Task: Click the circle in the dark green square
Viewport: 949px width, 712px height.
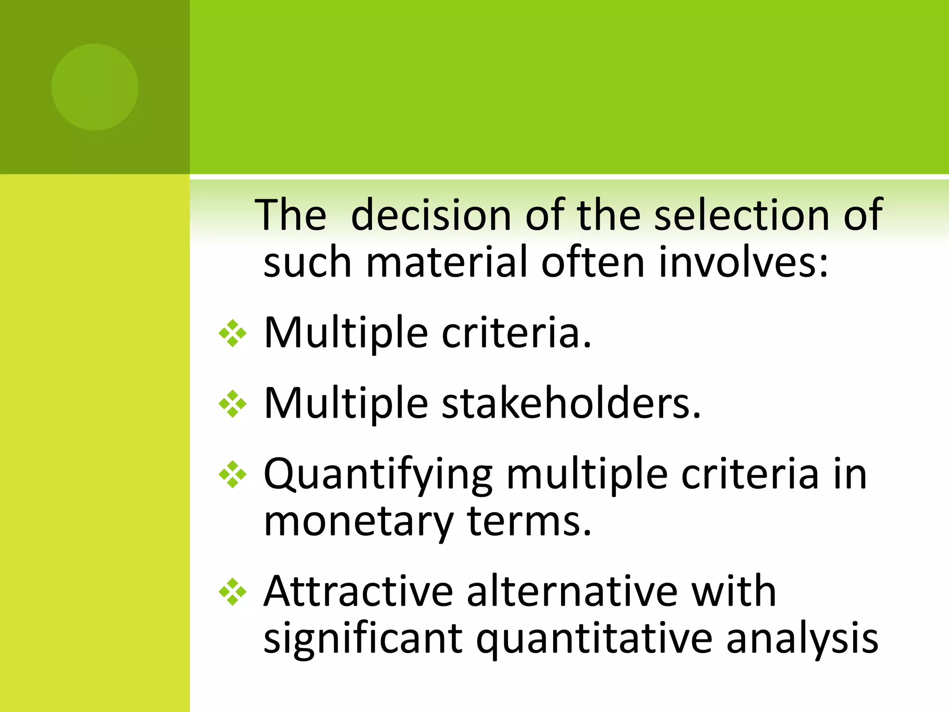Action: pos(95,87)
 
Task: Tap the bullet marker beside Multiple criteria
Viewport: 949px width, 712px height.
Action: pos(233,333)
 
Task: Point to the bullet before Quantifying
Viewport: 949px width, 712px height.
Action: pos(233,475)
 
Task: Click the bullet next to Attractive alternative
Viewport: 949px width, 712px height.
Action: pos(233,592)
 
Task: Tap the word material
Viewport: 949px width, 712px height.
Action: pos(447,262)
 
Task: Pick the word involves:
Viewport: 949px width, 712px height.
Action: pos(743,262)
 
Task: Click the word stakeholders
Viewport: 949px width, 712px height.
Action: pos(571,403)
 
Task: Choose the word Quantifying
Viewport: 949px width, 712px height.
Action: pos(378,476)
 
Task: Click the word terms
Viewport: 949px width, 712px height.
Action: pos(530,521)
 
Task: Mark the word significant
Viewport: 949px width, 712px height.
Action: pos(363,639)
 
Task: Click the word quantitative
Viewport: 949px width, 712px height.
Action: pos(594,639)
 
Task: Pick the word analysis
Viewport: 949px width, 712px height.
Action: pos(802,639)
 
